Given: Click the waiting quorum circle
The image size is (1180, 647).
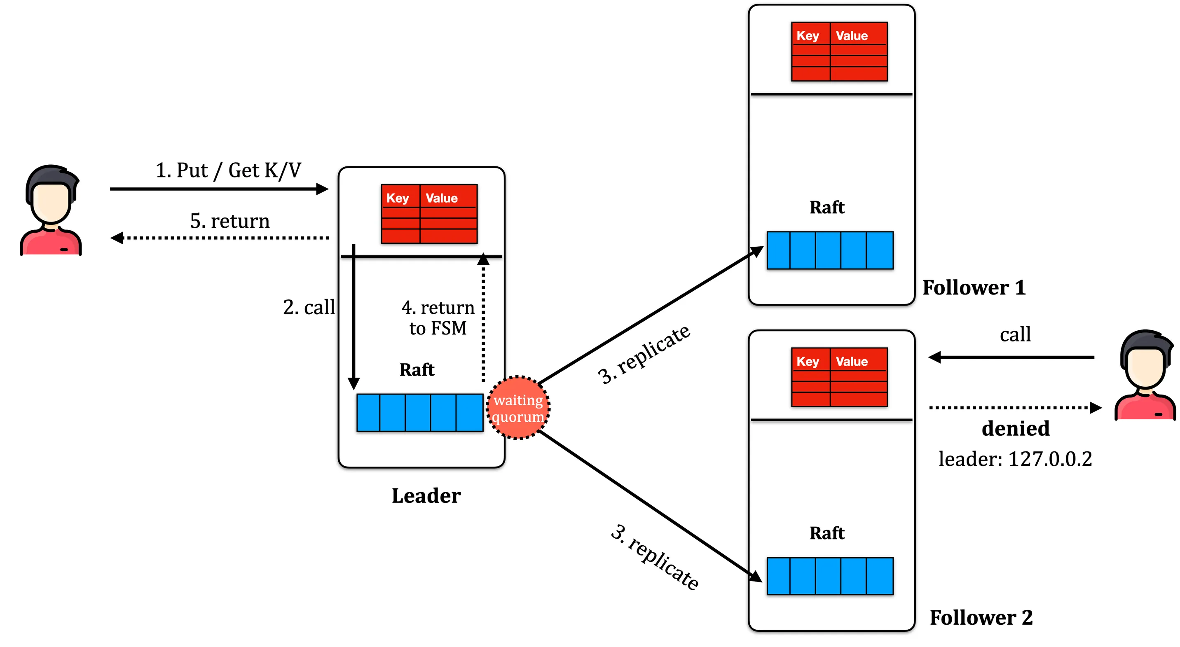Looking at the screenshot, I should pyautogui.click(x=517, y=408).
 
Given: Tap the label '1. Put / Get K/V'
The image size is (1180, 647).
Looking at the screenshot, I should pyautogui.click(x=228, y=171).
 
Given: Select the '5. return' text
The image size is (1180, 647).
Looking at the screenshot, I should pyautogui.click(x=229, y=221).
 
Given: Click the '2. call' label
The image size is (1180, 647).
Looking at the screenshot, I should pyautogui.click(x=309, y=307).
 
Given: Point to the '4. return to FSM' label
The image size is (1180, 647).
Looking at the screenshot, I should pyautogui.click(x=438, y=318).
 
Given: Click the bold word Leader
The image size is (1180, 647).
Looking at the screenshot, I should pyautogui.click(x=426, y=496).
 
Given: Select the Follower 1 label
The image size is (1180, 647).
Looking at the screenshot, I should pyautogui.click(x=974, y=288).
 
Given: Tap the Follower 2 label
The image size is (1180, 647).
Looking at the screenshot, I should pyautogui.click(x=981, y=618).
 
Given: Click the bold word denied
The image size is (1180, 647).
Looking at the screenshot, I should pyautogui.click(x=1016, y=429).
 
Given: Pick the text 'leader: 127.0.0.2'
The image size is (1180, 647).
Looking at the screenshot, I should pyautogui.click(x=1015, y=459).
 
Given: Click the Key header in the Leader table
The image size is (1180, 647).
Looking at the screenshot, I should pyautogui.click(x=398, y=198).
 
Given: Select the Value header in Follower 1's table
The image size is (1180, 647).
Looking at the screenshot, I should pyautogui.click(x=852, y=36).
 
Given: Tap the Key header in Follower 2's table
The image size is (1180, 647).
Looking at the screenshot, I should pyautogui.click(x=808, y=362).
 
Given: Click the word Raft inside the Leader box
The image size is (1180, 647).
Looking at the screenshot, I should pyautogui.click(x=417, y=370).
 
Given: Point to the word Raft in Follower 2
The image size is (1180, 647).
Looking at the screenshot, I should pyautogui.click(x=827, y=533).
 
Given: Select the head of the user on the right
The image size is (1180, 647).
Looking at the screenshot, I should pyautogui.click(x=1145, y=362).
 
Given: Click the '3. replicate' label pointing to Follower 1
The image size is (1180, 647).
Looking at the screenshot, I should pyautogui.click(x=644, y=355).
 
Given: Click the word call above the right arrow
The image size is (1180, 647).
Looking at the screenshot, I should pyautogui.click(x=1015, y=335).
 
